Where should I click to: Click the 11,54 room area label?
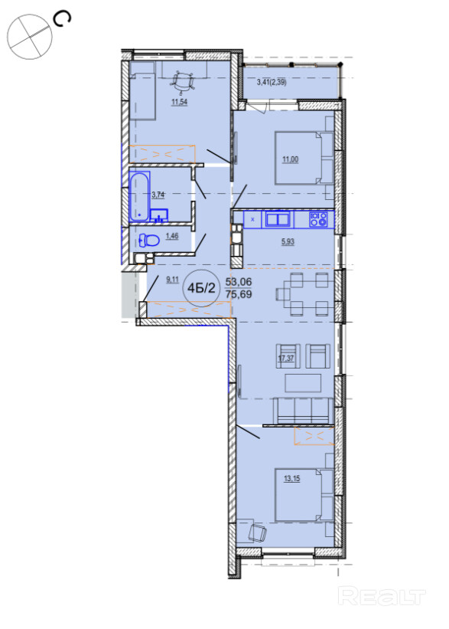pos(180,102)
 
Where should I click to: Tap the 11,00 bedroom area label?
pos(291,159)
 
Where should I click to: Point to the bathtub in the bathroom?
pos(139,196)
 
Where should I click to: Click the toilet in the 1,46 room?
pos(148,241)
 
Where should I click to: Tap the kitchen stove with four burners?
pos(318,219)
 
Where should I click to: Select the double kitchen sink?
pos(278,219)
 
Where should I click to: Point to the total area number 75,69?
pos(239,294)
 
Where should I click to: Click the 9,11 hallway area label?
pos(172,280)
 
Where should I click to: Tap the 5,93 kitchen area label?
pos(288,241)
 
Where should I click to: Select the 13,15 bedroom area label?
pos(292,479)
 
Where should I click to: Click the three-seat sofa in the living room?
pos(303,411)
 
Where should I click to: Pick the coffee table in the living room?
pos(303,383)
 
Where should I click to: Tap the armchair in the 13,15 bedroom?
pos(257,532)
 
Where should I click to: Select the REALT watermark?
pos(381,597)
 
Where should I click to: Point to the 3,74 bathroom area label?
pos(158,195)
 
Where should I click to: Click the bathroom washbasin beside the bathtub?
pos(159,215)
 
